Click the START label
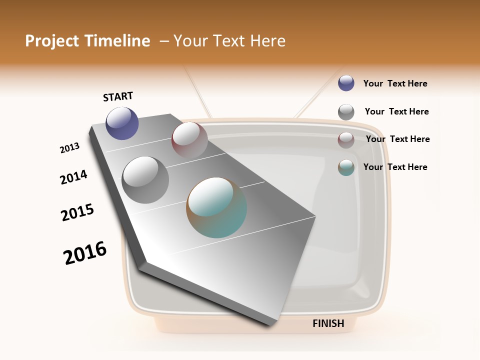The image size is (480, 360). tap(118, 96)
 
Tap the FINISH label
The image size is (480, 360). tap(328, 323)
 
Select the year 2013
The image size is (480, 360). tap(70, 148)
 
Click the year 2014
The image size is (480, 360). tap(74, 177)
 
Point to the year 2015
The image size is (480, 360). tap(77, 212)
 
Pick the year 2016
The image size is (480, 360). tap(85, 253)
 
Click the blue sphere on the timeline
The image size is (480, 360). tap(122, 123)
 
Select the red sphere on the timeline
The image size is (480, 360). tap(189, 140)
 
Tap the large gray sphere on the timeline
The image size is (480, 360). tap(145, 179)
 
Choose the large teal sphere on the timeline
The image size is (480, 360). tap(216, 207)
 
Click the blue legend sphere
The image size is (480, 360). tap(346, 83)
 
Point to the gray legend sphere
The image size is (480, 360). tap(346, 112)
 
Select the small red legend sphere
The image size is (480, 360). tap(346, 140)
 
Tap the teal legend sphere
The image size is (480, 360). tap(346, 167)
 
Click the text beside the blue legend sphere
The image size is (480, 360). tap(395, 83)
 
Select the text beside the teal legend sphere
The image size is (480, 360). tap(395, 167)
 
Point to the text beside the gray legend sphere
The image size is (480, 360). tap(396, 111)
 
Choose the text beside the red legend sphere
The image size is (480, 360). tap(397, 139)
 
